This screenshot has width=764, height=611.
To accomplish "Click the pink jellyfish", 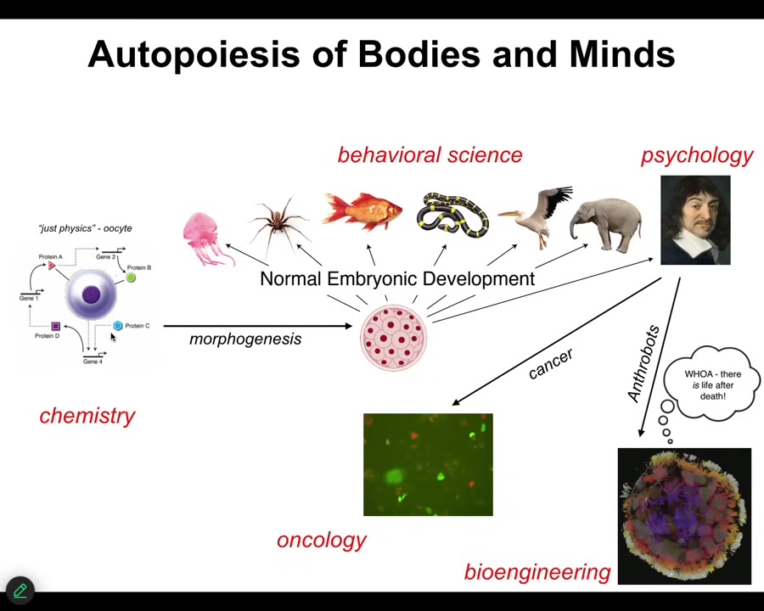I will tap(204, 237).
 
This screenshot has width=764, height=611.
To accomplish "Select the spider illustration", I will tap(278, 223).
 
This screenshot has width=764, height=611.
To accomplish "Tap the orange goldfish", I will tap(362, 211).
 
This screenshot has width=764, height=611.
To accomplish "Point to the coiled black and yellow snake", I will tap(452, 216).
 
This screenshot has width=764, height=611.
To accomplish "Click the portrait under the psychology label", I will tap(695, 221).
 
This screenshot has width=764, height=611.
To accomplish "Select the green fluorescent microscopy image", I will tap(428, 464).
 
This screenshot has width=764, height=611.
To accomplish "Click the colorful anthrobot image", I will tap(684, 516).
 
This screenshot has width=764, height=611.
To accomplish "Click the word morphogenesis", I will tap(245, 339).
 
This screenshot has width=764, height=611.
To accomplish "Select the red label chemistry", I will tap(87, 415).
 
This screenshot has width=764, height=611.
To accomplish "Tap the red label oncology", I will tap(322, 540).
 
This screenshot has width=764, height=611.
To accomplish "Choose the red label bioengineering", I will tap(537, 572).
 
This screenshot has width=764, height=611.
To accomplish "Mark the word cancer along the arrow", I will tap(550, 363).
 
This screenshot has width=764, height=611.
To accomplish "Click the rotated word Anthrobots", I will tap(643, 363).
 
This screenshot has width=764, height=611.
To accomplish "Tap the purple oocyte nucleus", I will tap(91, 294).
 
